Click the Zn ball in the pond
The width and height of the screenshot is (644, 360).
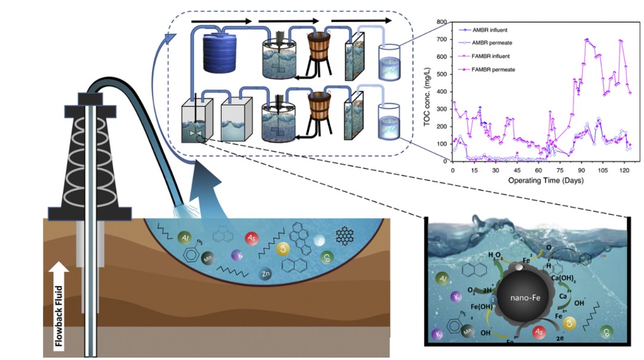tap(266, 274)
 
